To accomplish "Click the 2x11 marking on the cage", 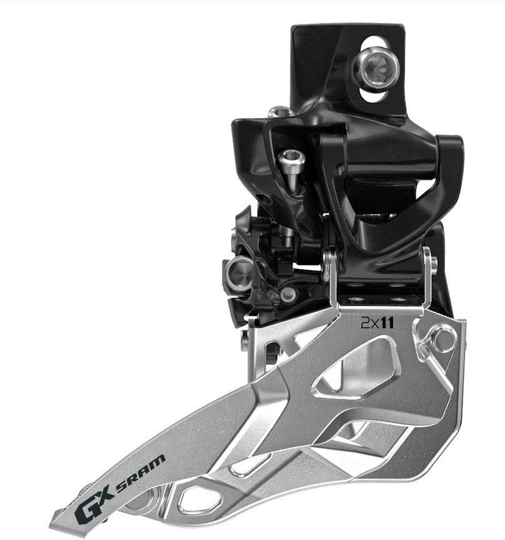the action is tap(377, 323).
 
